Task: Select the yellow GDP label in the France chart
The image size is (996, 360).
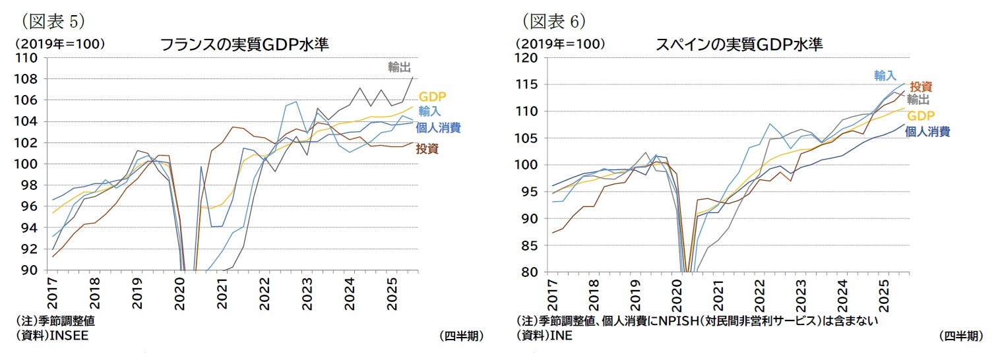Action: [x=433, y=98]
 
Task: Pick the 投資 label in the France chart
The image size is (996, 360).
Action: [x=427, y=149]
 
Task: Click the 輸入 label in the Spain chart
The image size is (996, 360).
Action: [x=885, y=76]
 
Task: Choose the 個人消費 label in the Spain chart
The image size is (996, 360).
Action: [x=928, y=131]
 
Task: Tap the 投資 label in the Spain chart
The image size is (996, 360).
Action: [x=921, y=87]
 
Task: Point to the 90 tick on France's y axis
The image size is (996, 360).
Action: [x=29, y=270]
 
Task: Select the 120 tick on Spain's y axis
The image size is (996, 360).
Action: [x=526, y=58]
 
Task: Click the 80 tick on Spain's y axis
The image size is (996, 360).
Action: [x=530, y=272]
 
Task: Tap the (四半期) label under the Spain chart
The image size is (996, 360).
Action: [x=961, y=336]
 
